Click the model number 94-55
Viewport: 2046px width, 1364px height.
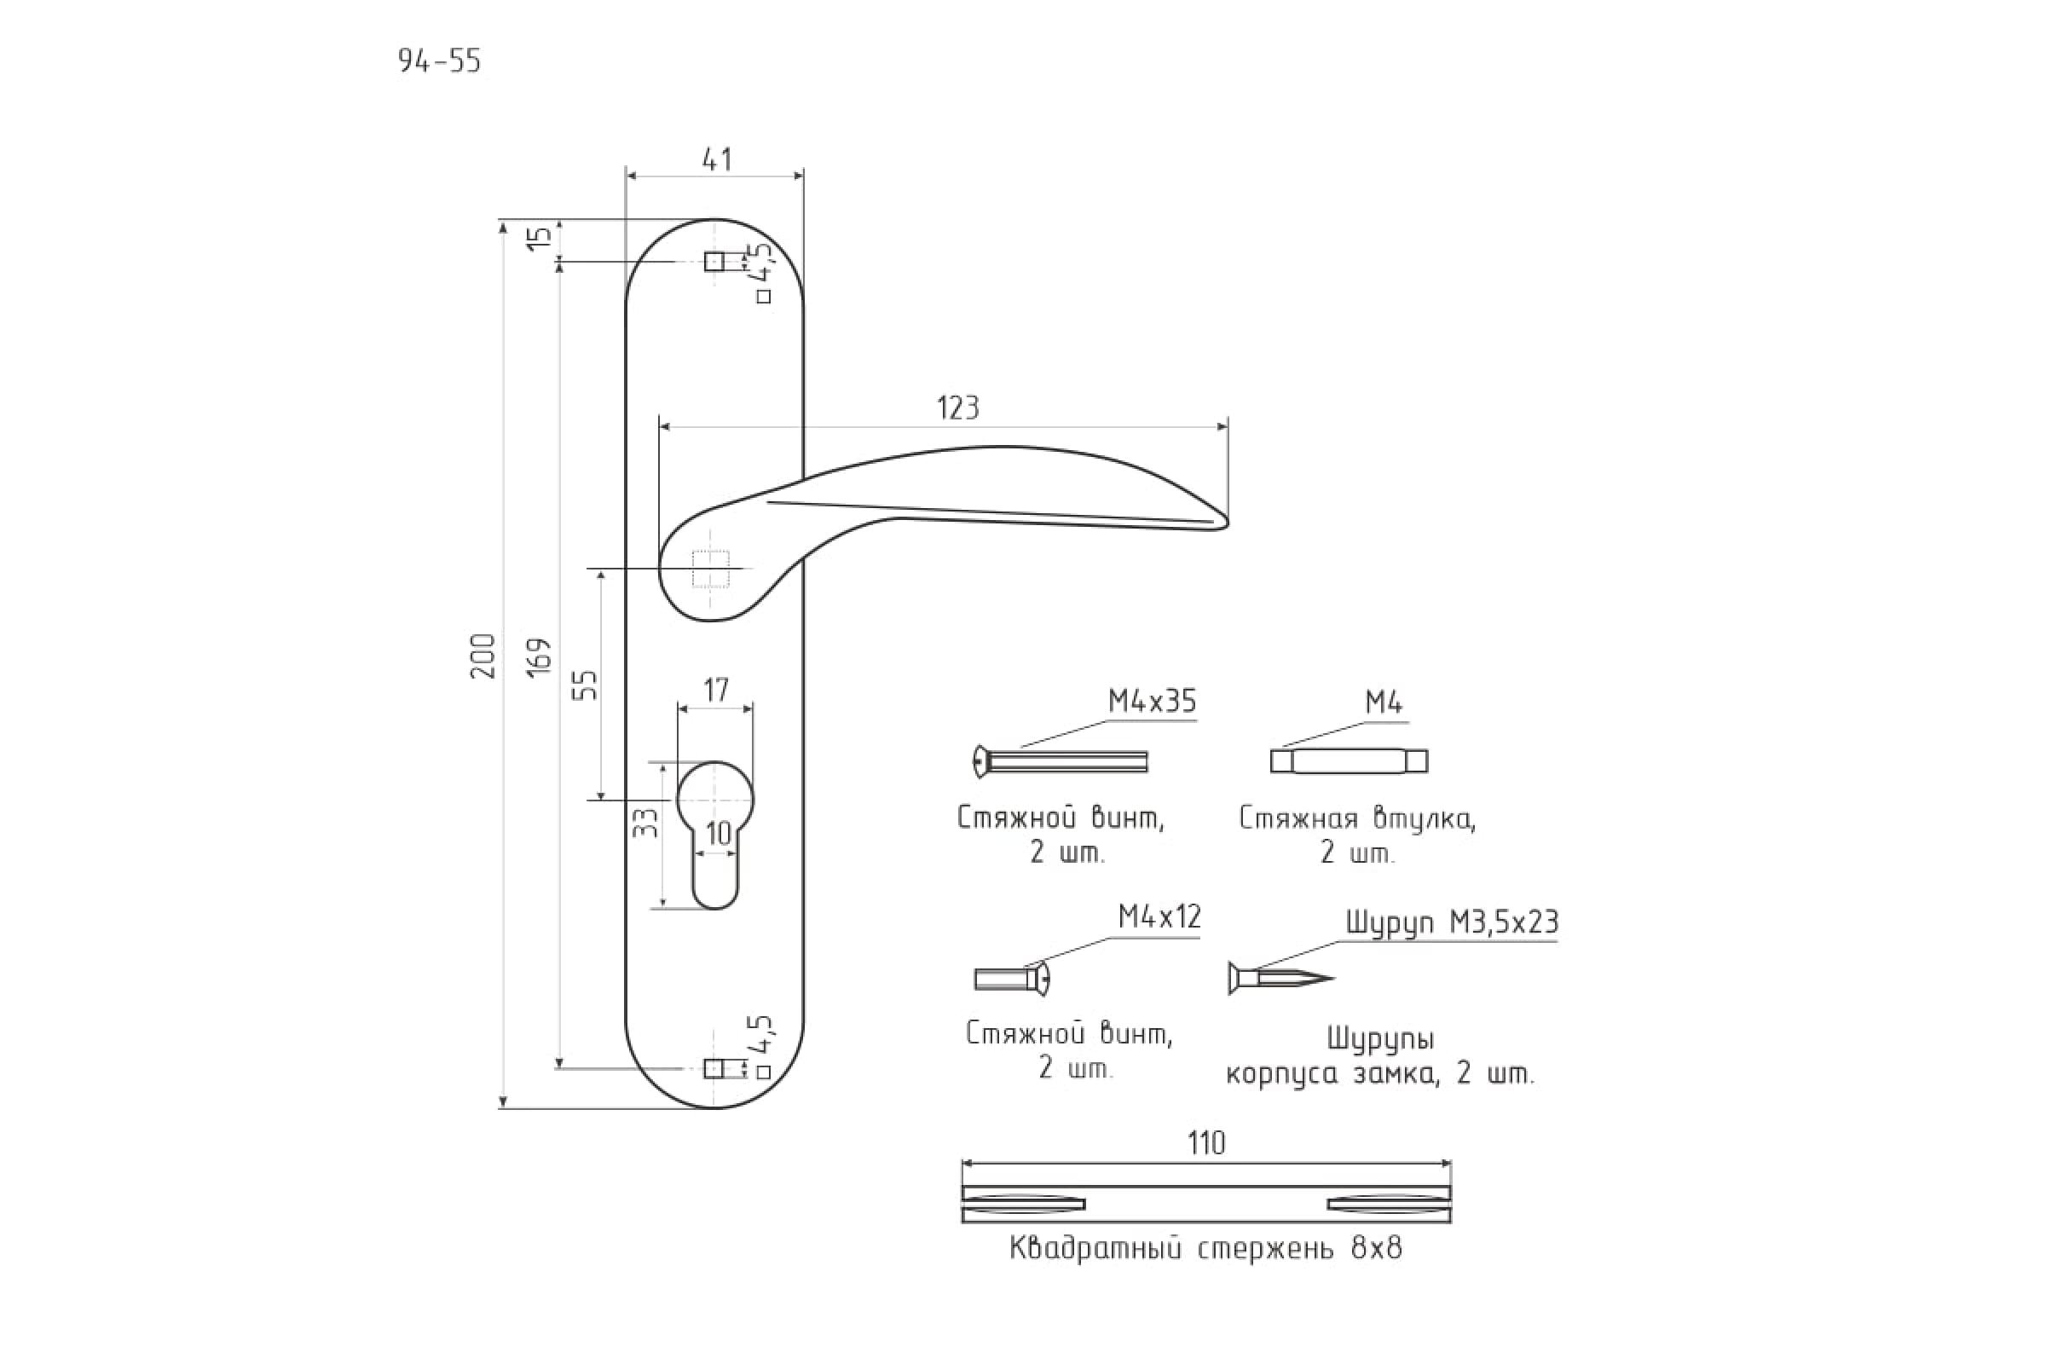click(439, 61)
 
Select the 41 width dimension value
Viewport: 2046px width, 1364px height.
click(716, 159)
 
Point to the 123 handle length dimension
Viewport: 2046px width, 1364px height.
click(957, 408)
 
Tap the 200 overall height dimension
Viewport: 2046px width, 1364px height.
click(483, 656)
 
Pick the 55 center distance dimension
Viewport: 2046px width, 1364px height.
click(588, 685)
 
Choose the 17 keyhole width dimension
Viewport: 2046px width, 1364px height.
click(715, 690)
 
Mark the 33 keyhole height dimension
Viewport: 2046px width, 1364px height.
click(644, 823)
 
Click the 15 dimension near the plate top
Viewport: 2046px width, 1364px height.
click(540, 238)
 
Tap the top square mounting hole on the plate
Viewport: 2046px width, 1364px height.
click(714, 261)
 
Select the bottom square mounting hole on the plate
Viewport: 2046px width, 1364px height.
click(714, 1068)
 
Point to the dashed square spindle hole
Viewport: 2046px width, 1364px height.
click(711, 569)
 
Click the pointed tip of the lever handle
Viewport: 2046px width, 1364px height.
click(1227, 523)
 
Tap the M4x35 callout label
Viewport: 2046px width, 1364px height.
click(1152, 701)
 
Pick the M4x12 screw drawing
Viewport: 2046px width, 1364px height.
click(1013, 979)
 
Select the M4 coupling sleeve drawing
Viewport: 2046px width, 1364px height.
click(1349, 761)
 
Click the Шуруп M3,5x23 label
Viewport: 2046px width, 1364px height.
click(1452, 922)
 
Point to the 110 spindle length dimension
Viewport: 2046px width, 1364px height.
click(1205, 1143)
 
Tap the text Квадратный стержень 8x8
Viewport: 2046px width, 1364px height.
click(1205, 1249)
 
